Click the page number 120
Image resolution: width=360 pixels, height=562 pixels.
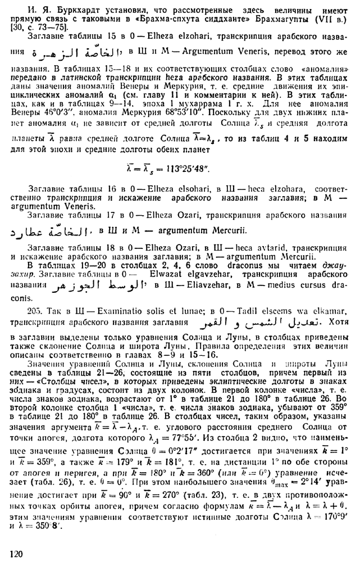click(x=16, y=554)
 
